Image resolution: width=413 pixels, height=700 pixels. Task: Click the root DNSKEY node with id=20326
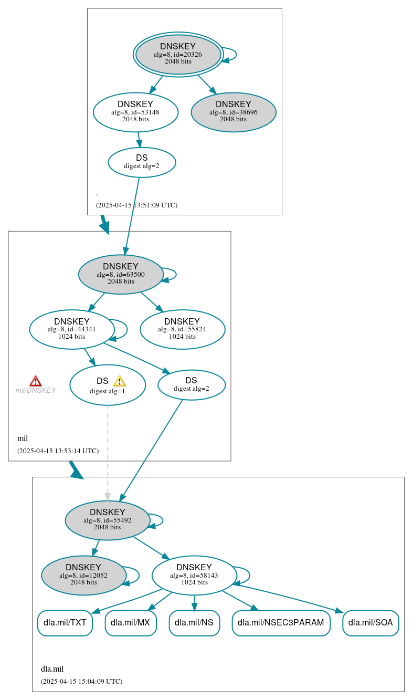click(178, 54)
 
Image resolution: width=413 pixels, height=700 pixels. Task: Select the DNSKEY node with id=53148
click(135, 112)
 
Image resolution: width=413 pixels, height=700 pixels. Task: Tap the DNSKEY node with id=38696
click(234, 112)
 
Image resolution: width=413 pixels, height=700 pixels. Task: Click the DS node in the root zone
click(142, 162)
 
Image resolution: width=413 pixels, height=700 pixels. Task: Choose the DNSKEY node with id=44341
click(72, 329)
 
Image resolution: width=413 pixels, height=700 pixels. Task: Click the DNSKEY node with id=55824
click(182, 329)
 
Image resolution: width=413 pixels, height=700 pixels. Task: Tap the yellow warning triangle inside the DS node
click(119, 381)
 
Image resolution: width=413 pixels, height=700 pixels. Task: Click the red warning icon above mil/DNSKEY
click(35, 381)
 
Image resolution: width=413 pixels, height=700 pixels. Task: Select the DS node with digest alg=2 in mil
click(191, 384)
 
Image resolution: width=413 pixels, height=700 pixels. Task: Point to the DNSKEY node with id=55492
click(108, 520)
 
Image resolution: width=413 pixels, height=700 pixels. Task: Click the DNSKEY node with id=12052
click(83, 575)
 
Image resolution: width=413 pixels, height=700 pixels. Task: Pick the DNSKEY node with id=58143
click(194, 575)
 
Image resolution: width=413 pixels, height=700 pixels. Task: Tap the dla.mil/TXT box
click(65, 623)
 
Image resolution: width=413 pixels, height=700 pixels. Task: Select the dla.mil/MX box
click(131, 623)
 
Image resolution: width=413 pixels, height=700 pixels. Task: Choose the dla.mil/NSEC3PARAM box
click(281, 623)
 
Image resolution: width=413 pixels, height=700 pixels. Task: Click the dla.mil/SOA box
click(370, 623)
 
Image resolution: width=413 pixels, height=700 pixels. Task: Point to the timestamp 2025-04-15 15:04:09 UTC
click(81, 682)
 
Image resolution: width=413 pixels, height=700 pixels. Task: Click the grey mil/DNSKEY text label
click(36, 391)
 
